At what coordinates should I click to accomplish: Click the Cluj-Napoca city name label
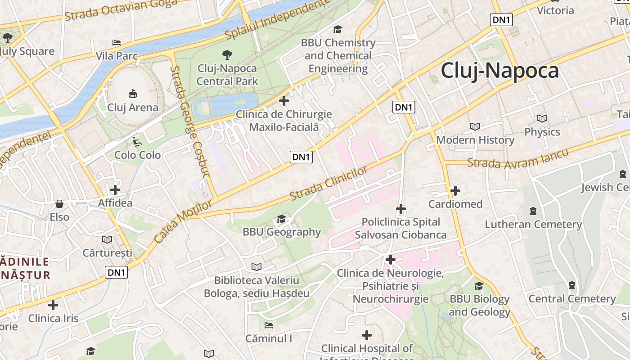(x=499, y=71)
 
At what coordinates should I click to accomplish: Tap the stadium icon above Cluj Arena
(x=133, y=94)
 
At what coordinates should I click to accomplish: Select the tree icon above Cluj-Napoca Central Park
(x=227, y=55)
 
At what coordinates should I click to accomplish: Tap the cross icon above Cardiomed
(x=455, y=191)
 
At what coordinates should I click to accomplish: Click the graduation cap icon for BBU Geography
(x=282, y=219)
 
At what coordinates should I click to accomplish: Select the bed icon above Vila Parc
(x=117, y=43)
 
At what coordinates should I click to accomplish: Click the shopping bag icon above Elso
(x=59, y=204)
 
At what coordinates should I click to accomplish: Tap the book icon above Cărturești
(x=107, y=239)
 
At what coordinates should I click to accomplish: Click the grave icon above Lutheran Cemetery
(x=533, y=211)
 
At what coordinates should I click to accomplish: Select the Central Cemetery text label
(x=572, y=299)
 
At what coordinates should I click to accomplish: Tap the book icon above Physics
(x=542, y=119)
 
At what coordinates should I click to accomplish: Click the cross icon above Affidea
(x=115, y=190)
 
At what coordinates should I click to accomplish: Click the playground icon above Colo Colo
(x=137, y=142)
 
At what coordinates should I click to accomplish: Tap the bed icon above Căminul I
(x=269, y=325)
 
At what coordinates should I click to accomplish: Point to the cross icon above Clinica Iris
(x=53, y=305)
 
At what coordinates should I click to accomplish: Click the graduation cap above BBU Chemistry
(x=337, y=30)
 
